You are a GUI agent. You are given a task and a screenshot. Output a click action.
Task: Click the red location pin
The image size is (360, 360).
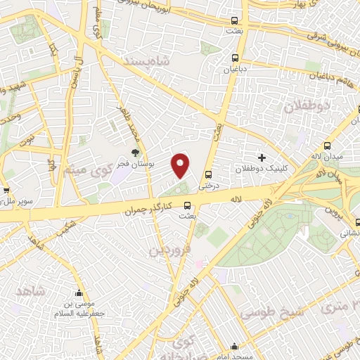(181, 165)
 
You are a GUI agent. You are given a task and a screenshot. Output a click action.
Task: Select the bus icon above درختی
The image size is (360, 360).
(207, 174)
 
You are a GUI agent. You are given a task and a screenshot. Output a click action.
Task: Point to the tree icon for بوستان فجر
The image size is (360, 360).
(136, 152)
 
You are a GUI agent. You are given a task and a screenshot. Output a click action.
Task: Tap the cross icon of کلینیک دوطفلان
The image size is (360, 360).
(262, 157)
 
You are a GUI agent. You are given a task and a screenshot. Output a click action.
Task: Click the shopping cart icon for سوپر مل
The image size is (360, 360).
(6, 190)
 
